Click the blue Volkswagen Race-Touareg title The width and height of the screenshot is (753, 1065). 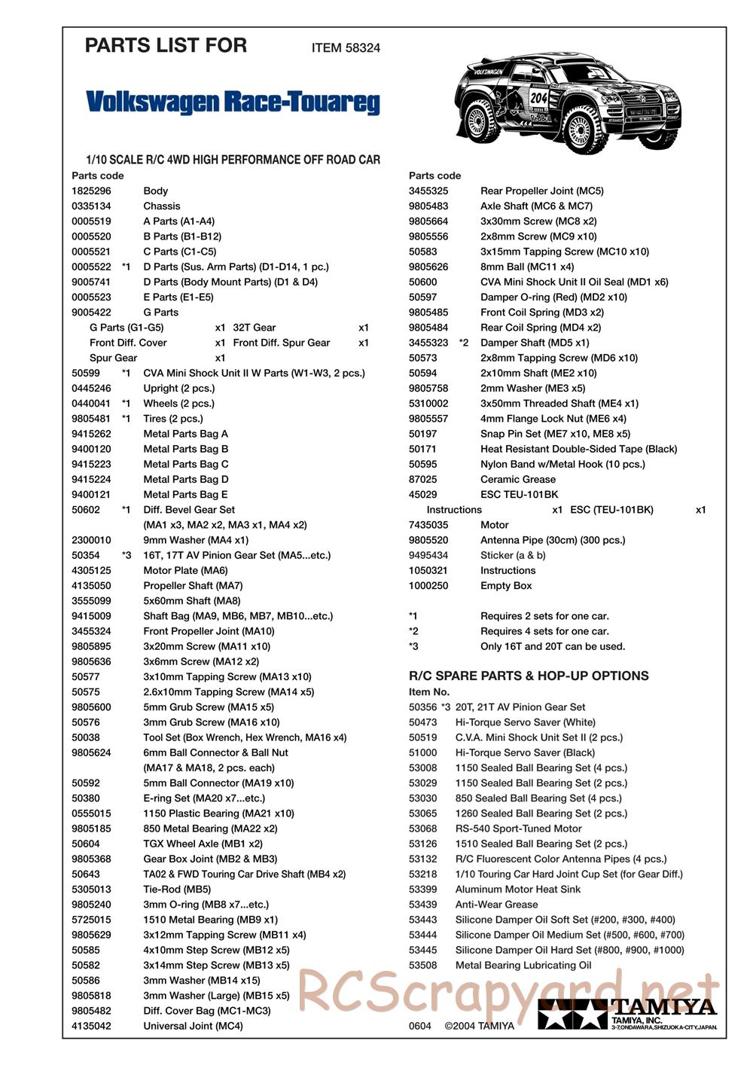click(233, 102)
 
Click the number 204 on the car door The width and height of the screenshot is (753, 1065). click(539, 98)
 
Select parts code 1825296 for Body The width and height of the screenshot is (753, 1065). click(91, 191)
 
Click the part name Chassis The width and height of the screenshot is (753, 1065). click(162, 206)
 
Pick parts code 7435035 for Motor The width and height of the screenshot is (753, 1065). click(428, 525)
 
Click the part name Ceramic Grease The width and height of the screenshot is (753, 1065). click(517, 479)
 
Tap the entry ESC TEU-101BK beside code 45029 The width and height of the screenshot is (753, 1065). click(519, 494)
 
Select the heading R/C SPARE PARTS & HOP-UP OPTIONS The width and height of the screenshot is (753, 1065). click(529, 676)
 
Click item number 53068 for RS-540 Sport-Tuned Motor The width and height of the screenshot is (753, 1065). click(422, 829)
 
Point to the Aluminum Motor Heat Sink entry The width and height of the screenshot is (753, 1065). click(518, 889)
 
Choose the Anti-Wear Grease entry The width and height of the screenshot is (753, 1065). click(496, 905)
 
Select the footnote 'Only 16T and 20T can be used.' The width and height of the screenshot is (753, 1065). click(553, 646)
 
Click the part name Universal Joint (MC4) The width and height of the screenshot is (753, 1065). click(193, 1026)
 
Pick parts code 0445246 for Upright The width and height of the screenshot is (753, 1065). click(91, 388)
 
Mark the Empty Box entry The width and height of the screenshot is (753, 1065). click(506, 585)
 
